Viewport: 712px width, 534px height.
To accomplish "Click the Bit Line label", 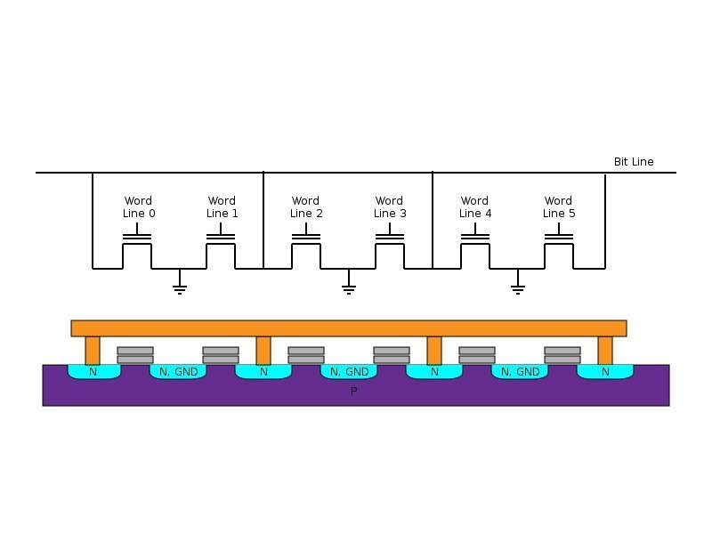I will pyautogui.click(x=634, y=162).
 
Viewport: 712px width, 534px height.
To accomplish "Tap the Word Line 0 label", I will pyautogui.click(x=138, y=207).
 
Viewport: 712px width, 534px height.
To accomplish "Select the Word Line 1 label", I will pyautogui.click(x=222, y=207).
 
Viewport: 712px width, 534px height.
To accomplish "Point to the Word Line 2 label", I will pyautogui.click(x=306, y=207).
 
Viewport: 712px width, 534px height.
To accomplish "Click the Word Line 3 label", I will pyautogui.click(x=390, y=207).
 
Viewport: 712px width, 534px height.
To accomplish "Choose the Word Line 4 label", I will pyautogui.click(x=474, y=207).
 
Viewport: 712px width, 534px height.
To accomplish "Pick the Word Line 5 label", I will pyautogui.click(x=558, y=207).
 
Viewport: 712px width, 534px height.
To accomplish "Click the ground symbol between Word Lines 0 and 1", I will pyautogui.click(x=179, y=287).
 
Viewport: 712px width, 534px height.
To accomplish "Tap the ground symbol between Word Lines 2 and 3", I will pyautogui.click(x=349, y=287).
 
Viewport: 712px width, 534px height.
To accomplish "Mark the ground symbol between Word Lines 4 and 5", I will pyautogui.click(x=518, y=287).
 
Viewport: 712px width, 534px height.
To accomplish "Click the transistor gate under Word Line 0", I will pyautogui.click(x=137, y=238).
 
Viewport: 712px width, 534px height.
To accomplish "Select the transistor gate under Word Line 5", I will pyautogui.click(x=559, y=238).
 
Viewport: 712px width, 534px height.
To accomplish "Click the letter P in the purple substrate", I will pyautogui.click(x=353, y=392).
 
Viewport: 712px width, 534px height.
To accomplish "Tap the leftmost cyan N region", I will pyautogui.click(x=93, y=371).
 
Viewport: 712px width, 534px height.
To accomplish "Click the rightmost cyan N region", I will pyautogui.click(x=605, y=371).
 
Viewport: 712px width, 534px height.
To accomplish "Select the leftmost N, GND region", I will pyautogui.click(x=178, y=371).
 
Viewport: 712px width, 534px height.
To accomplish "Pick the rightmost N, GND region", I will pyautogui.click(x=521, y=371).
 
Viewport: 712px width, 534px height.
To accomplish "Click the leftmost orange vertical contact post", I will pyautogui.click(x=93, y=350).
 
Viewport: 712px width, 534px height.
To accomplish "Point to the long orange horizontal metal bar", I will pyautogui.click(x=348, y=328).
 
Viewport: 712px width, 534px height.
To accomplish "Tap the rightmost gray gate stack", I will pyautogui.click(x=562, y=355).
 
